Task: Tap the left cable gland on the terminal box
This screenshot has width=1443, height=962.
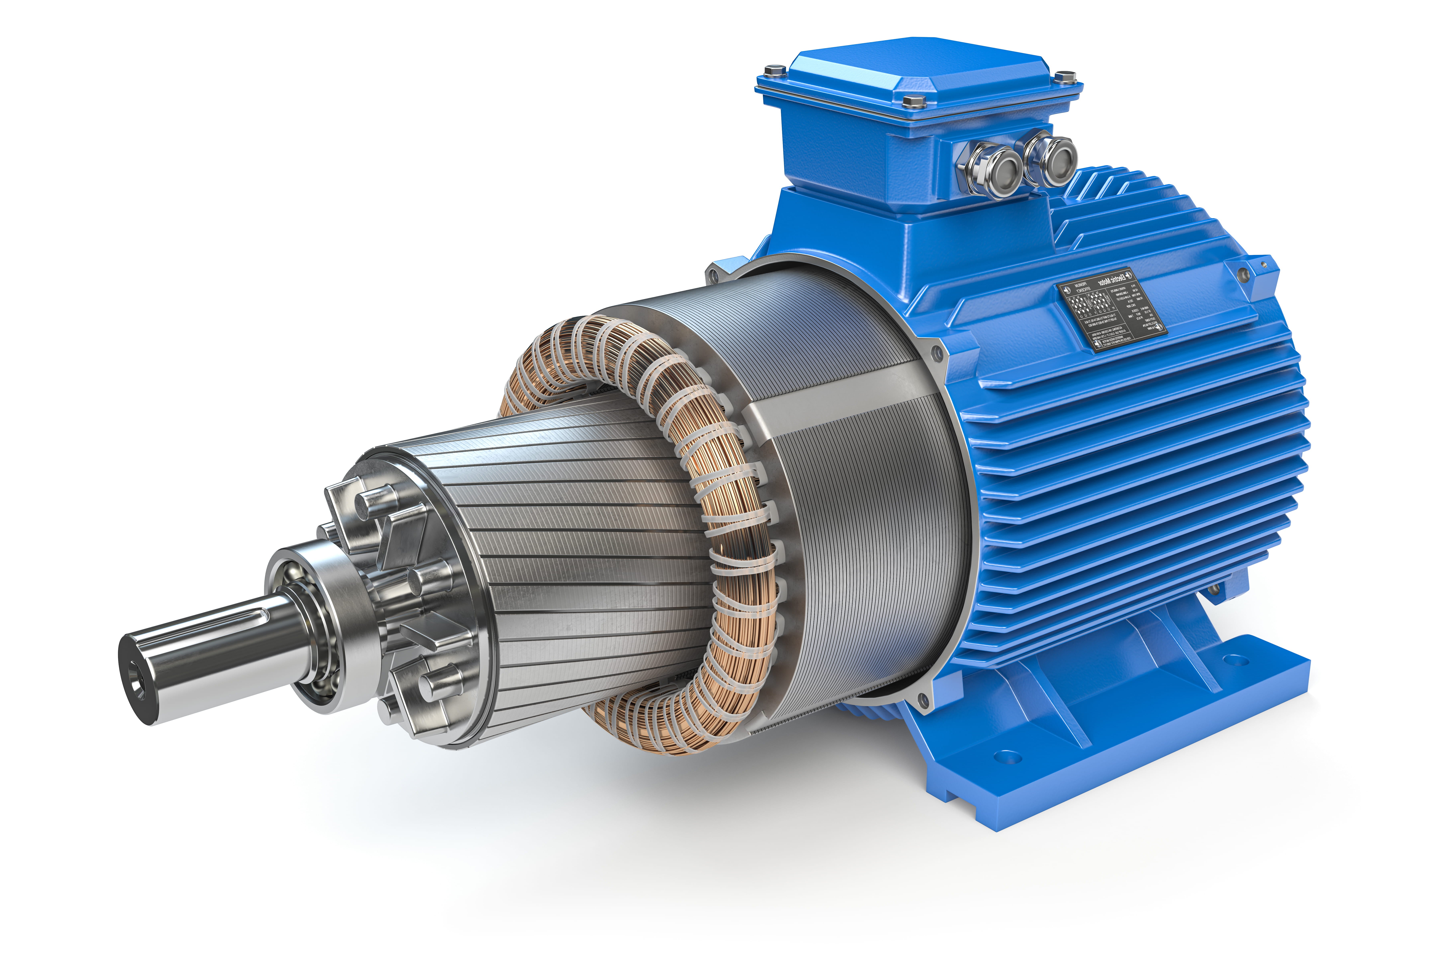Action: click(992, 169)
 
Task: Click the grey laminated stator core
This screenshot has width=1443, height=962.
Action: click(859, 491)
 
